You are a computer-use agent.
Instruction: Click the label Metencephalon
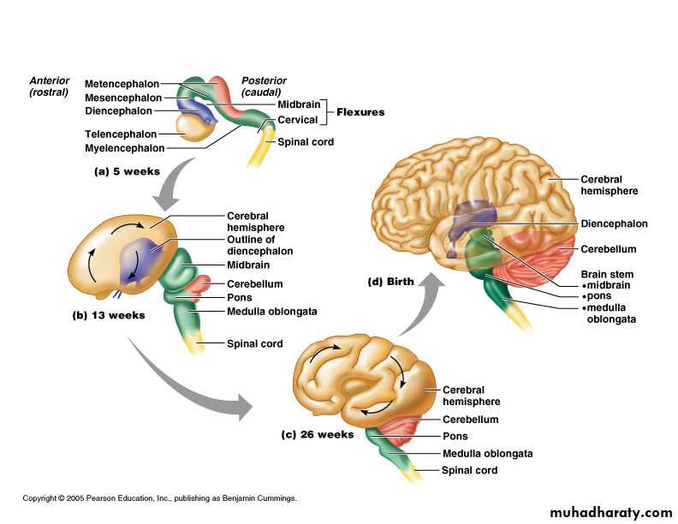[x=122, y=84]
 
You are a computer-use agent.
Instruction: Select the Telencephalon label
[x=121, y=134]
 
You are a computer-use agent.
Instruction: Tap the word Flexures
[x=360, y=112]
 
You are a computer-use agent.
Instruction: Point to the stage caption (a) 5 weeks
[x=127, y=171]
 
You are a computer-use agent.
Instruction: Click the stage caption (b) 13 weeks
[x=108, y=315]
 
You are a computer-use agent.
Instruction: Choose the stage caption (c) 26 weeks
[x=317, y=434]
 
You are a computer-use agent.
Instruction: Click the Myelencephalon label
[x=124, y=149]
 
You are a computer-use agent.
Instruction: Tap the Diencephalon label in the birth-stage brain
[x=614, y=223]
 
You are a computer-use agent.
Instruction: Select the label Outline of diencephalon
[x=259, y=246]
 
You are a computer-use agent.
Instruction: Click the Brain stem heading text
[x=607, y=274]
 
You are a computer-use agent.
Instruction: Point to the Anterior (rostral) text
[x=49, y=86]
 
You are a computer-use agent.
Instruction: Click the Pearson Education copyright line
[x=159, y=498]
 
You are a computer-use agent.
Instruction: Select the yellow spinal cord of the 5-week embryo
[x=260, y=152]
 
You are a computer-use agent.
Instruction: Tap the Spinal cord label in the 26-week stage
[x=469, y=470]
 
